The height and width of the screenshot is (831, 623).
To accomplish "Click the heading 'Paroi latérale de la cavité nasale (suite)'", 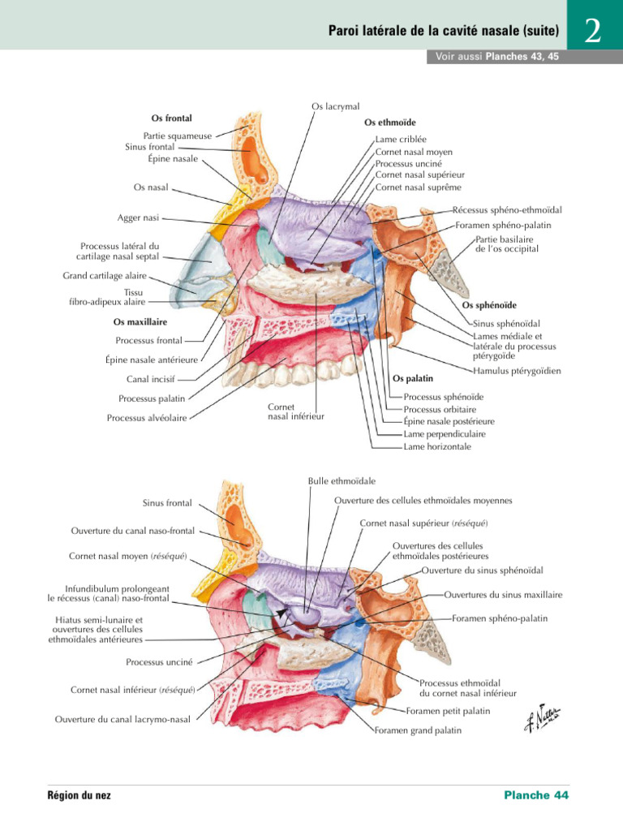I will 444,32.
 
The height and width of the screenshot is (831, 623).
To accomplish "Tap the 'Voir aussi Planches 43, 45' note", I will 492,58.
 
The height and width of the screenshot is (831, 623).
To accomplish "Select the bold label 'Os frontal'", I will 172,118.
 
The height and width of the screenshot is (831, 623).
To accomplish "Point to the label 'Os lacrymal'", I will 335,106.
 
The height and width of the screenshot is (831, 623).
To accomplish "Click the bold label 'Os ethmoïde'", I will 390,123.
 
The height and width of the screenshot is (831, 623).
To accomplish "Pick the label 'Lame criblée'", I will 401,140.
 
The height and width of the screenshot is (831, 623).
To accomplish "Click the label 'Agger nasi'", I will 138,217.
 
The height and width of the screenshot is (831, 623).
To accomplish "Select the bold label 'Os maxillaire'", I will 140,322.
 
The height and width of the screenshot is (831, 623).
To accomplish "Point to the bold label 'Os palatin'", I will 413,378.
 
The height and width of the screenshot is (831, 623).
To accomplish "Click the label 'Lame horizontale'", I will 436,446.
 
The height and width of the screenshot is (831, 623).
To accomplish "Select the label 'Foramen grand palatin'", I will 418,730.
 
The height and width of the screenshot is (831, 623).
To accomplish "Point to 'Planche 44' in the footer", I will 536,795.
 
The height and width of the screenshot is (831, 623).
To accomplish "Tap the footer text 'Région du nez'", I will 79,795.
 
